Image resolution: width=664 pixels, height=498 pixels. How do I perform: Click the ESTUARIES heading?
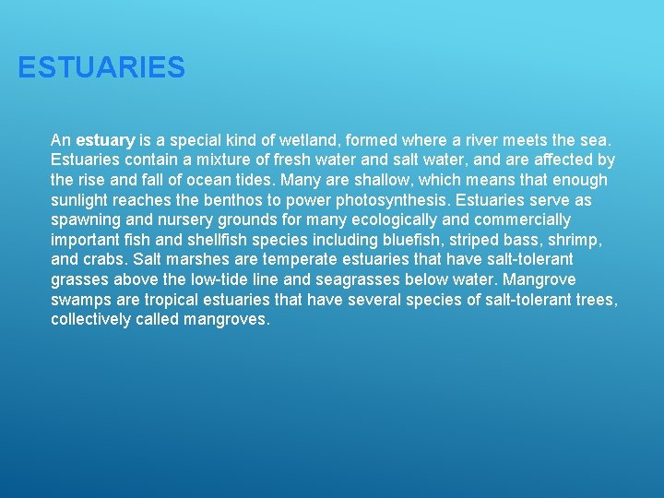[101, 67]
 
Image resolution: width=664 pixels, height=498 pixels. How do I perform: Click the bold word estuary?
[106, 141]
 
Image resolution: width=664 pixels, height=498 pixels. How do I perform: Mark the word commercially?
[523, 219]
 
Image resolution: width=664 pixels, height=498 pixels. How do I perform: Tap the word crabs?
[105, 260]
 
